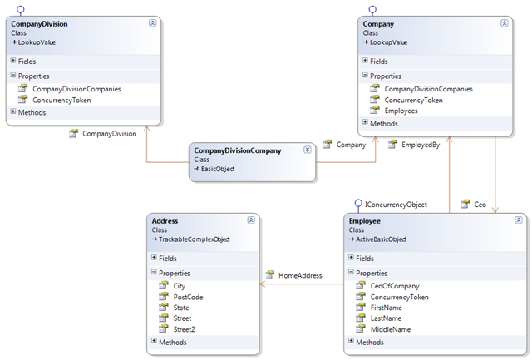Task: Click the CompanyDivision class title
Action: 39,24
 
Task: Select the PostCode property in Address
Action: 188,298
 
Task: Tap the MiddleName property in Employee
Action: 390,329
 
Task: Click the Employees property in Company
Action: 401,111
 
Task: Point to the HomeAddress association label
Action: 300,275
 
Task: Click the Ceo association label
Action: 480,205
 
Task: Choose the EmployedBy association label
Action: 421,145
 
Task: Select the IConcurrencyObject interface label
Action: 396,205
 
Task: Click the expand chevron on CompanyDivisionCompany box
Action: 308,150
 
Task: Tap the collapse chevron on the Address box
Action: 251,220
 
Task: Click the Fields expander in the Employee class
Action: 351,258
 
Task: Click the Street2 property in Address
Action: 184,329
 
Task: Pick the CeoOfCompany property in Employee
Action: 395,286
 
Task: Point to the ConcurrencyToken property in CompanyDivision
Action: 62,101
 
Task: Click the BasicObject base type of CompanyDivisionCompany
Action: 218,169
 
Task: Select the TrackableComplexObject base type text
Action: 194,239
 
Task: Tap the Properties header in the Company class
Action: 386,76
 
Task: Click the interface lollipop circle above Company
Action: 372,9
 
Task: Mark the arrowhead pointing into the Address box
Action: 262,284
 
